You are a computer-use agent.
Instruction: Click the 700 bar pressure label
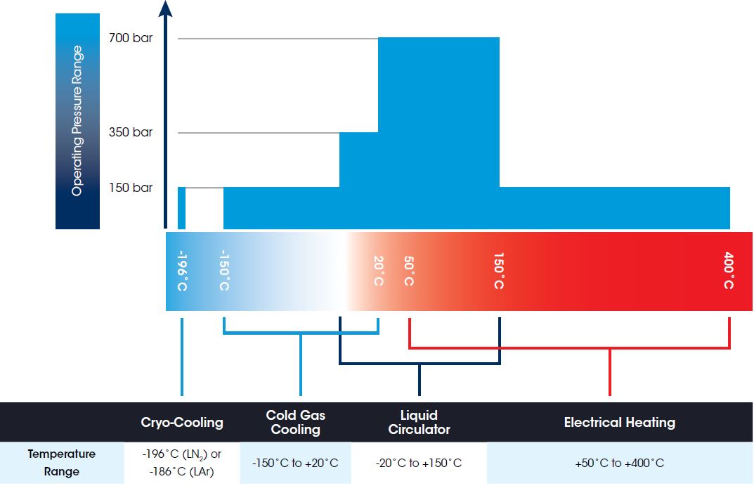[130, 37]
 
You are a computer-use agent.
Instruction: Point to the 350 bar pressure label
[130, 132]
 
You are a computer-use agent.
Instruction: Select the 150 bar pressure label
[130, 187]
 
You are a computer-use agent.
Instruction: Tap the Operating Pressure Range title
[77, 121]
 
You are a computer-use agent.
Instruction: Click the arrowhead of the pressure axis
[165, 8]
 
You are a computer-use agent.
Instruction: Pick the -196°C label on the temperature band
[182, 271]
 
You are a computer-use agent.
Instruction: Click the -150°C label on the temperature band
[224, 270]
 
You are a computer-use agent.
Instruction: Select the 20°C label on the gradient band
[379, 271]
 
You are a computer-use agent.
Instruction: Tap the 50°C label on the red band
[409, 271]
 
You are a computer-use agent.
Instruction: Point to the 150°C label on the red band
[499, 271]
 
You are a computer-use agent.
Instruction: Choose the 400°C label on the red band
[729, 270]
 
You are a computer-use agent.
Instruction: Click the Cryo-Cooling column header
[182, 423]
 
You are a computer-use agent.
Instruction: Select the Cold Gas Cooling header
[296, 422]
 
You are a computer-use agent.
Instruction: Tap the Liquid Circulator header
[420, 422]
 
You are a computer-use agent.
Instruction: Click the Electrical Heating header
[619, 423]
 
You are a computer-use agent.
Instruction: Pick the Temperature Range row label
[62, 462]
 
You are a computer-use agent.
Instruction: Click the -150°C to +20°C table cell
[295, 463]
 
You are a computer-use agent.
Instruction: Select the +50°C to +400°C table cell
[619, 463]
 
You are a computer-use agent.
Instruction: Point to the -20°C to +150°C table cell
[419, 463]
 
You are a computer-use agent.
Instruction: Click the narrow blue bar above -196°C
[181, 208]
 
